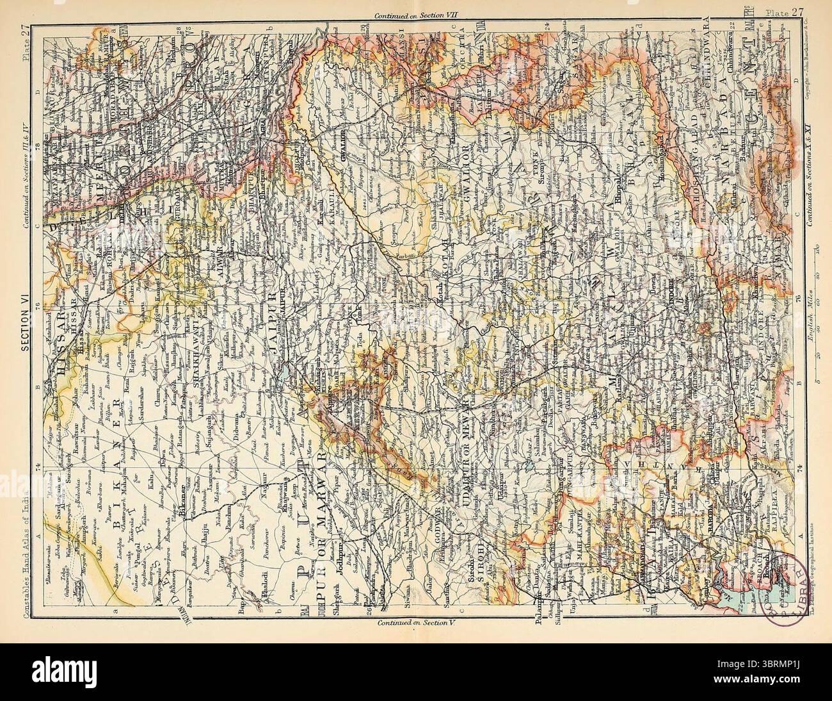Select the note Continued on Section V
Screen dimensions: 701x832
417,622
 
